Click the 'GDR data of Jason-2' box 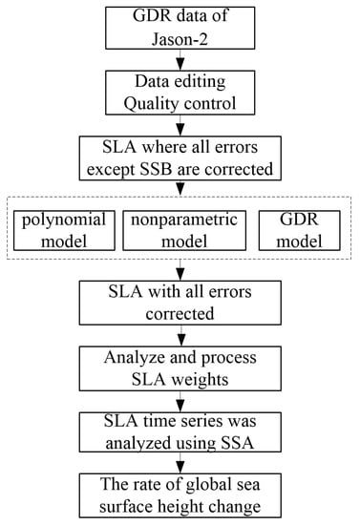click(180, 28)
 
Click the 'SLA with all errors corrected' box click(180, 304)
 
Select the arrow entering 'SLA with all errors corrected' click(180, 270)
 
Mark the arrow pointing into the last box click(180, 460)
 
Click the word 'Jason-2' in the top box click(180, 37)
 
